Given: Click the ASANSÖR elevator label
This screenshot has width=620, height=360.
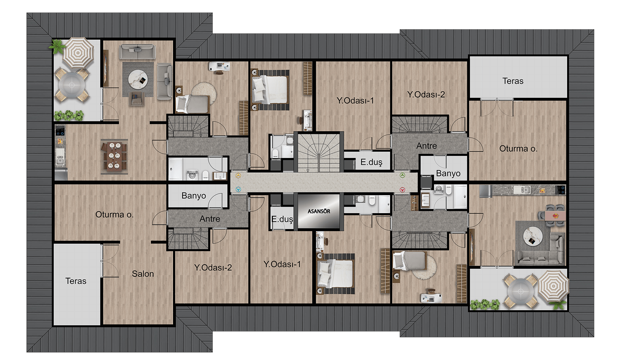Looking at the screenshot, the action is pos(319,211).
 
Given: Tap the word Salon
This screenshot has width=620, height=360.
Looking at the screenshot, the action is pos(143,274).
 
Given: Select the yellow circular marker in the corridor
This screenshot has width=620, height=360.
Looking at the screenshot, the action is pos(238,176).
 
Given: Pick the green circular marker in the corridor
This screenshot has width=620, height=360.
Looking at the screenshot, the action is pos(402,175).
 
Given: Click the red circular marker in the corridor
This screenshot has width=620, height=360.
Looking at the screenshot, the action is pos(402,190).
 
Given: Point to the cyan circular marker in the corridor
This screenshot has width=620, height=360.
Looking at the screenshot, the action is pos(238,189).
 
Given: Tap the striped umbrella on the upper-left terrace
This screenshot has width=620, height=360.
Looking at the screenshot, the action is pos(78,52).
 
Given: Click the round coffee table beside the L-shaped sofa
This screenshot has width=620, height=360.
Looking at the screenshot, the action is pos(533,236).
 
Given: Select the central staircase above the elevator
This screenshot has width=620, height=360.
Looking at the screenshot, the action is pos(319,153).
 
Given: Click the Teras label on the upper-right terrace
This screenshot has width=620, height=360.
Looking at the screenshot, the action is pos(513,81).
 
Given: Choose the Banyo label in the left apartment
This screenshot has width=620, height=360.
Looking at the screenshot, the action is pos(194,196).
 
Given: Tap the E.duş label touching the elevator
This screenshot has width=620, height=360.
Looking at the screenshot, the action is pos(282,219).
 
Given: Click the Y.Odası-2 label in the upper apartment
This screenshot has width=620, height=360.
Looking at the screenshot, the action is pos(426,94).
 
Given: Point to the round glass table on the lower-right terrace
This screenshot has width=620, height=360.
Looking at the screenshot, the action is pos(521,291).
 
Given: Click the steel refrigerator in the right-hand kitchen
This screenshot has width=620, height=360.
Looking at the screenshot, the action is pos(486,190).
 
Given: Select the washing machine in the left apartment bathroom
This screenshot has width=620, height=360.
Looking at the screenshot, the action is pos(192,175).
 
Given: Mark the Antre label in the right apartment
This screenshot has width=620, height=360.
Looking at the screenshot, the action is pos(426,146).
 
